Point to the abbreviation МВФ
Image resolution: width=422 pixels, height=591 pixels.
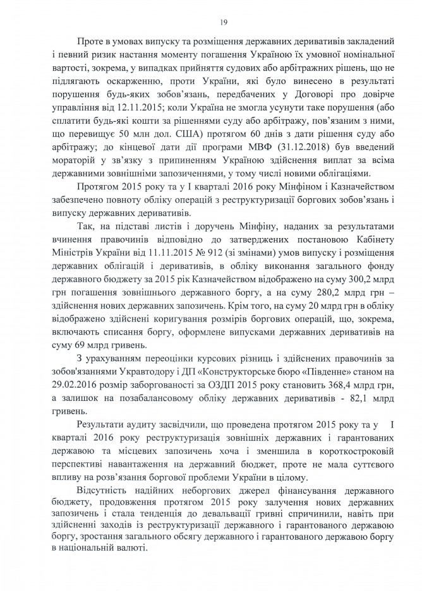pyautogui.click(x=237, y=145)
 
